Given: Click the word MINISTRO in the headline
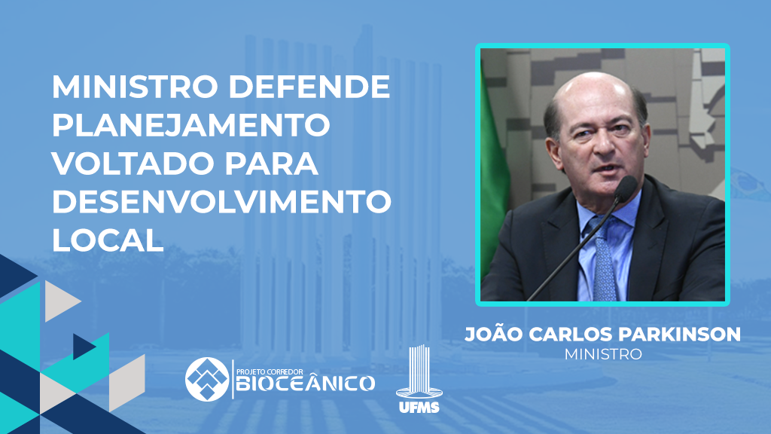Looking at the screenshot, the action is pyautogui.click(x=135, y=87).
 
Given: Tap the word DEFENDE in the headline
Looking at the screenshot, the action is pyautogui.click(x=309, y=87).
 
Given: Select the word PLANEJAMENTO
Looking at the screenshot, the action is pyautogui.click(x=190, y=125).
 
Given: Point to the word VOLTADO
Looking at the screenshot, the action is pyautogui.click(x=132, y=164).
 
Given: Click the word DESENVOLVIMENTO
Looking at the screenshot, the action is pyautogui.click(x=222, y=202).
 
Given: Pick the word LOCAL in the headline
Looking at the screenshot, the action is pyautogui.click(x=108, y=240).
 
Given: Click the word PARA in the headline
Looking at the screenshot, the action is pyautogui.click(x=272, y=164).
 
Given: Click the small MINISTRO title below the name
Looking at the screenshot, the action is pyautogui.click(x=603, y=354).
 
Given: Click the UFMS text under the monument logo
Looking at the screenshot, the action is pyautogui.click(x=419, y=407).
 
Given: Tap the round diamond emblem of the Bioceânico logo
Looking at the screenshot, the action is pyautogui.click(x=207, y=379).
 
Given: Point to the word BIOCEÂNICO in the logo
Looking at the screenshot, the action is pyautogui.click(x=306, y=384).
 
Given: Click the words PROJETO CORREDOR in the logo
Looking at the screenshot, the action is pyautogui.click(x=270, y=371).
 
